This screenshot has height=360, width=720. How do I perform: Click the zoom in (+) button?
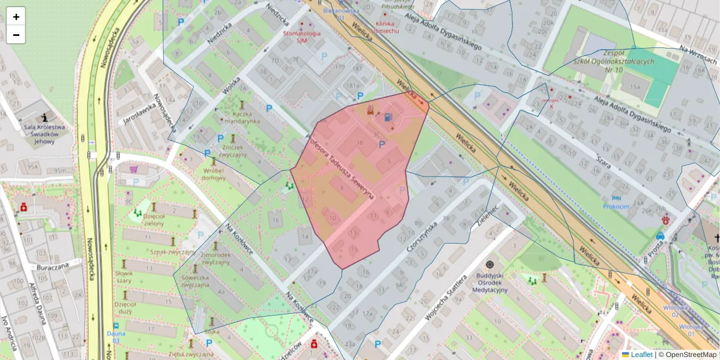(16, 17)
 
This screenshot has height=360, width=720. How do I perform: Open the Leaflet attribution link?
(641, 355)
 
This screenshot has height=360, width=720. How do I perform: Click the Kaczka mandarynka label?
(242, 117)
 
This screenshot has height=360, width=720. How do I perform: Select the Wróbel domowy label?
(214, 173)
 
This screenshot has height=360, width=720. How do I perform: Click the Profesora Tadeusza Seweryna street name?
(340, 167)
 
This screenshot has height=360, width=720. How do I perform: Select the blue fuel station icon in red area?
(389, 117)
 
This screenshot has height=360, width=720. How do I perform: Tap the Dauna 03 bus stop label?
(115, 336)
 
